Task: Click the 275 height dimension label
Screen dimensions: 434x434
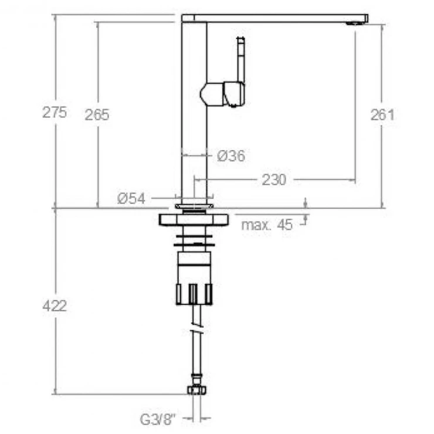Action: tap(55, 113)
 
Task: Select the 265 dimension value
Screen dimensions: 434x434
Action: tap(97, 114)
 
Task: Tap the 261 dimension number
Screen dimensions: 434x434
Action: tap(382, 114)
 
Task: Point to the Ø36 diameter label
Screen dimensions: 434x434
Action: tap(231, 156)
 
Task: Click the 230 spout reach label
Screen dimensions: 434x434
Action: tap(274, 180)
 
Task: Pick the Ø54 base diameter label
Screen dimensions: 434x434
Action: tap(131, 198)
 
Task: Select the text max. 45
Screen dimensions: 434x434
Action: tap(267, 225)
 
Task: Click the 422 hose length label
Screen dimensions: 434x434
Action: tap(55, 306)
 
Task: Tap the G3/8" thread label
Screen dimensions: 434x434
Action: tap(158, 419)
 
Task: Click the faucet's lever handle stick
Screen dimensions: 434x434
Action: tap(240, 60)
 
